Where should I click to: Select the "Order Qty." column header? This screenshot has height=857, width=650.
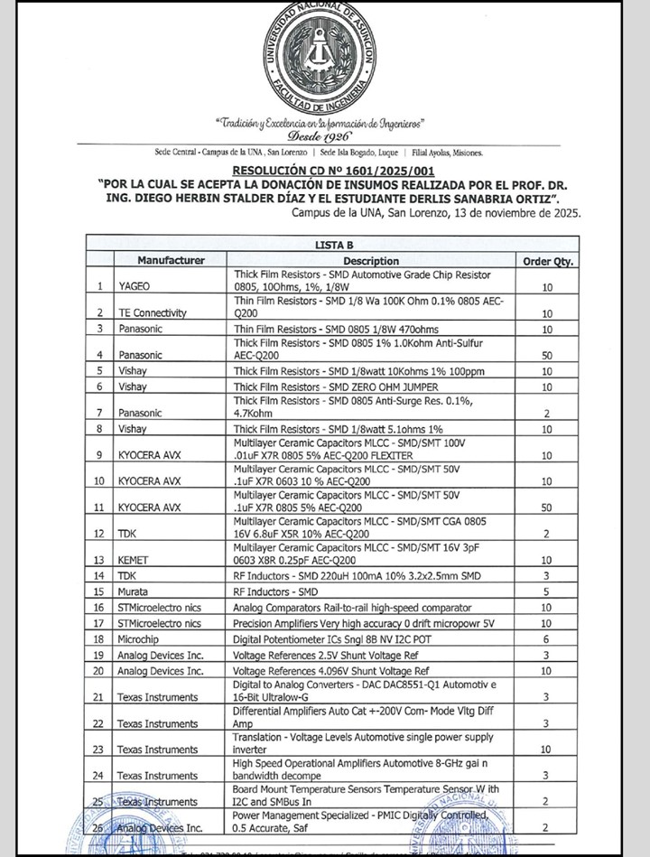coord(549,261)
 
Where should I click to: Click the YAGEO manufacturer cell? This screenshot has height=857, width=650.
coord(135,286)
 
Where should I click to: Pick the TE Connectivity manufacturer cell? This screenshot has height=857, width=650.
coord(153,312)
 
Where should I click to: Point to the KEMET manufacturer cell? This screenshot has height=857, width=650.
coord(135,560)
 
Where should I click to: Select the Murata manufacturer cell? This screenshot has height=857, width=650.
coord(136,592)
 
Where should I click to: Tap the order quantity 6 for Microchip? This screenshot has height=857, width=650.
coord(546,638)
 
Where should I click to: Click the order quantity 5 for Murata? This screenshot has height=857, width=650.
coord(546,592)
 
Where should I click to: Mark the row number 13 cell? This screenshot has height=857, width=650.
coord(100,560)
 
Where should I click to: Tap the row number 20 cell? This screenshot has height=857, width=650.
coord(100,671)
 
